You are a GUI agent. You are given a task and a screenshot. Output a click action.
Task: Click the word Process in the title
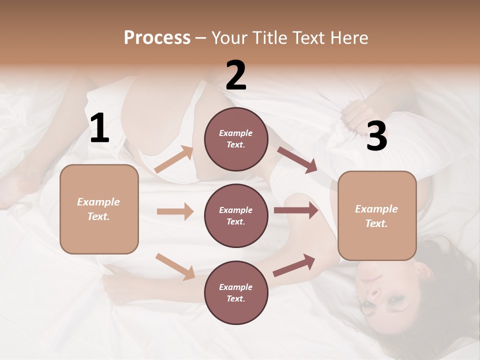point(157,37)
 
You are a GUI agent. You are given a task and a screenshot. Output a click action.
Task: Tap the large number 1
point(99,128)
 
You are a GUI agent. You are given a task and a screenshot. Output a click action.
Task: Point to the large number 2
point(236,75)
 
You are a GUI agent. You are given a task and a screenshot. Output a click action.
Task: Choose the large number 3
point(376,136)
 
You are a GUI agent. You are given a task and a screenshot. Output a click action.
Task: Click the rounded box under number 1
point(99,209)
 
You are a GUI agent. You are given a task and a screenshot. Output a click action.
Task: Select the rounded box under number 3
point(377,216)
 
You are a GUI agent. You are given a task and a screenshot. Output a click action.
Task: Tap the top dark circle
point(236,139)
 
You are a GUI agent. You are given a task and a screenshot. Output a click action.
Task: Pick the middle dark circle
point(236,215)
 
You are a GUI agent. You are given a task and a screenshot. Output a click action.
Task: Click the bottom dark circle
point(236,292)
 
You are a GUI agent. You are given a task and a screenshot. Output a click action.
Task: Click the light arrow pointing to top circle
point(174,159)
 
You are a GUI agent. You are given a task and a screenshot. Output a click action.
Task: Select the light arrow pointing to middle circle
point(175,211)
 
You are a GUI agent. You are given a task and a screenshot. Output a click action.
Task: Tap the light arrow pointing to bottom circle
point(175,266)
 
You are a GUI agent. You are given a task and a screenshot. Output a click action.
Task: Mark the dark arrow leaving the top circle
point(297,160)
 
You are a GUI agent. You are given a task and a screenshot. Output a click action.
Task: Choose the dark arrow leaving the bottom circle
point(294,265)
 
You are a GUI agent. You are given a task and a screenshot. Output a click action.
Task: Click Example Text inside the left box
point(98,209)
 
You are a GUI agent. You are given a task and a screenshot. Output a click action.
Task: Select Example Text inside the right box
point(376,216)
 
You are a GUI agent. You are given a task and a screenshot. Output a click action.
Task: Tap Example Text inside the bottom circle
point(235,292)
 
